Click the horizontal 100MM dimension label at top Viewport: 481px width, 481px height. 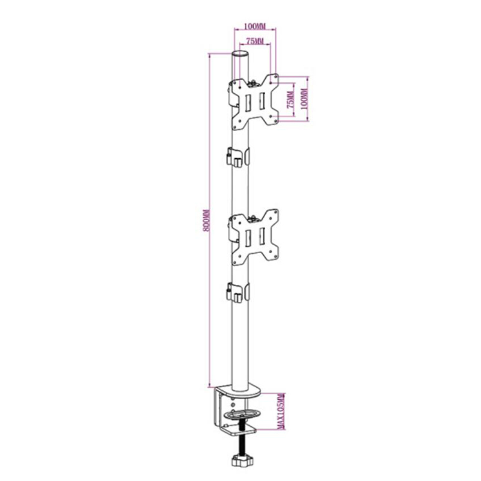pos(254,26)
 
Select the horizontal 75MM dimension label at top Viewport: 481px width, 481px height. pos(255,41)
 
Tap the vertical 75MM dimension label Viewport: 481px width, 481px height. pos(290,100)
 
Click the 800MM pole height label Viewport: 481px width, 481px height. pos(207,221)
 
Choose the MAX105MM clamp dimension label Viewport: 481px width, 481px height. pos(281,411)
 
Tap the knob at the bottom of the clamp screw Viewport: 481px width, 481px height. pos(242,460)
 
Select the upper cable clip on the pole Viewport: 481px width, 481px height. pos(238,158)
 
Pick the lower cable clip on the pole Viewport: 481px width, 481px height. pos(238,292)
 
